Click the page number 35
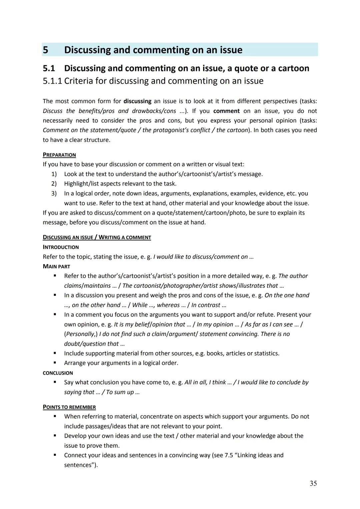(313, 483)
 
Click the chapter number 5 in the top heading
(46, 50)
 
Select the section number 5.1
(49, 68)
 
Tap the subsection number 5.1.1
(52, 81)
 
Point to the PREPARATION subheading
(59, 155)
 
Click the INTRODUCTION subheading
(61, 247)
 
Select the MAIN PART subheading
(56, 267)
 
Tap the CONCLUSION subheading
(58, 373)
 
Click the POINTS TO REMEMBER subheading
(69, 407)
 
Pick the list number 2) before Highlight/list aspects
(54, 184)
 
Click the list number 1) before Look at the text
(54, 174)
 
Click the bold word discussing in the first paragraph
(137, 101)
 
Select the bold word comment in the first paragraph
(226, 111)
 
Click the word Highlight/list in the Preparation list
(81, 184)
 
